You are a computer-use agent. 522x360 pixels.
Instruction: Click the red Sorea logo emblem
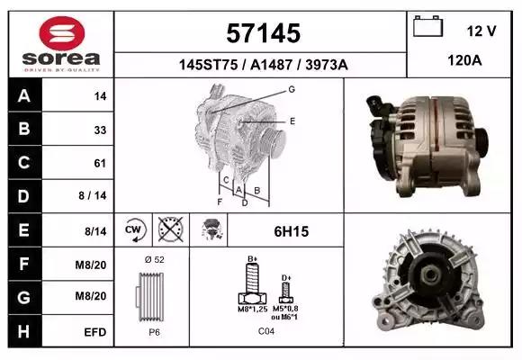coord(62,33)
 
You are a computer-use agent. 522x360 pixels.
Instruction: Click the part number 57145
coord(264,33)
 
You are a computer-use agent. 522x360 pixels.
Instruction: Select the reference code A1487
coord(271,65)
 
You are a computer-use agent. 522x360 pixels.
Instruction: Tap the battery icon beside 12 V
coord(427,26)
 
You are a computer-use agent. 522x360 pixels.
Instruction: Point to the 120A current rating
coord(464,60)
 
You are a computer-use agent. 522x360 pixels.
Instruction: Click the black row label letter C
coord(24,163)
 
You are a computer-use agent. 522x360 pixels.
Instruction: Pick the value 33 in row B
coord(100,130)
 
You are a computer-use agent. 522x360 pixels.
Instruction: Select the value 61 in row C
coord(100,163)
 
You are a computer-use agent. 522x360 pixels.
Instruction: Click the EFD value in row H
coord(94,332)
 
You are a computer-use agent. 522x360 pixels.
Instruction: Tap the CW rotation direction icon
coord(134,230)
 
